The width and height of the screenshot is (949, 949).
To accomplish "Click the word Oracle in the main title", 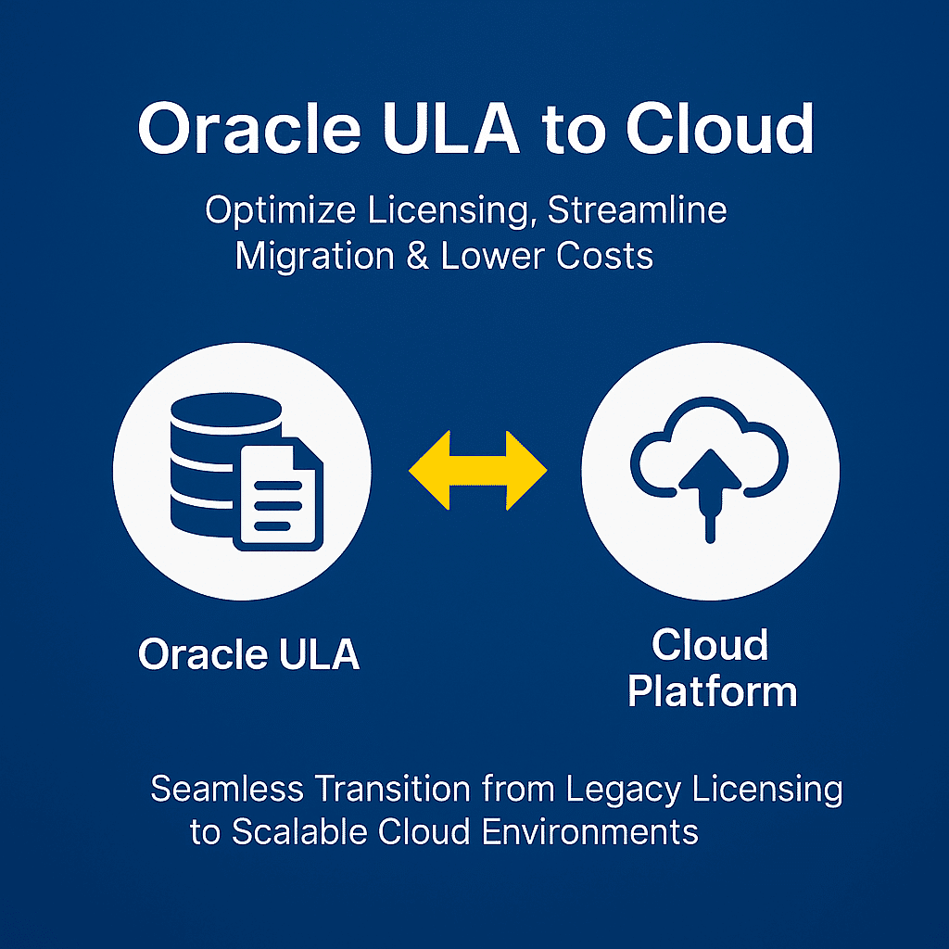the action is coord(249,128).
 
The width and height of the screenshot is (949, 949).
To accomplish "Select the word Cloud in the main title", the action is coord(719,128).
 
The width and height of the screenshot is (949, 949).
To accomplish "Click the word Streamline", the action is coord(637,210).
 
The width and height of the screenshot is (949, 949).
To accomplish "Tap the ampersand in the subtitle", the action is coord(418,256).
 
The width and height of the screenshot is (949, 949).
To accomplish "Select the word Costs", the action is coord(604,256).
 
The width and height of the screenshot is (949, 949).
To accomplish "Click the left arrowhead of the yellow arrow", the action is coord(429,470).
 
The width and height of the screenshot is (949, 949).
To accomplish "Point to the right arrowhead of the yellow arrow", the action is coord(526,470).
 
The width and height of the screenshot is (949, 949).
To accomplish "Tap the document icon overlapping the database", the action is coord(278,494).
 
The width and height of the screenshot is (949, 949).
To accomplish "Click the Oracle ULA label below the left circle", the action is coord(248,654).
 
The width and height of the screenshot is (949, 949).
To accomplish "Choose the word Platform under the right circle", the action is coord(712,691).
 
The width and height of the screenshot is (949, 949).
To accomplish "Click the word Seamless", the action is coord(227,789).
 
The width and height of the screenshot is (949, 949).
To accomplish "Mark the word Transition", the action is coord(392,789).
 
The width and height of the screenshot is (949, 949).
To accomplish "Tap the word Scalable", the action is coord(299,831).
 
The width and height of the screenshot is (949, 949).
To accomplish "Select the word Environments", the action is coord(590,831).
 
